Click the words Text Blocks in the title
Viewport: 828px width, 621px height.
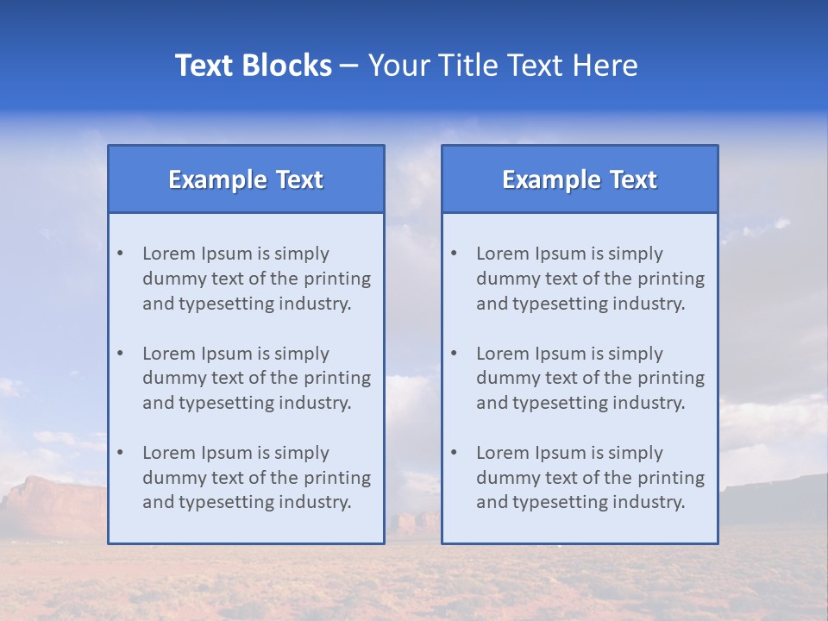coord(253,66)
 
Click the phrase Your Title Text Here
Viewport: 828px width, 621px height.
coord(503,66)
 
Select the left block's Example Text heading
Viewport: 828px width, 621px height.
coord(246,179)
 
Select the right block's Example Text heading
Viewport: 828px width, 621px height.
coord(580,179)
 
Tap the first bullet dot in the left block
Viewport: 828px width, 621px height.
coord(120,254)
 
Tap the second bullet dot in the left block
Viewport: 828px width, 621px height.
coord(120,354)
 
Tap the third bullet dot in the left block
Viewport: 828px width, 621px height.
coord(120,453)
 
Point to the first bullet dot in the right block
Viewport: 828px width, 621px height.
coord(454,254)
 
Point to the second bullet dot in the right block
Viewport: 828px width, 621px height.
coord(454,354)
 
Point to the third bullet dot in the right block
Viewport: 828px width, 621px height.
coord(454,453)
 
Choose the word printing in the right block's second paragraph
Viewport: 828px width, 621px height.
coord(671,378)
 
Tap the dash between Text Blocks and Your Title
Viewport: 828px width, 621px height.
coord(349,66)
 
